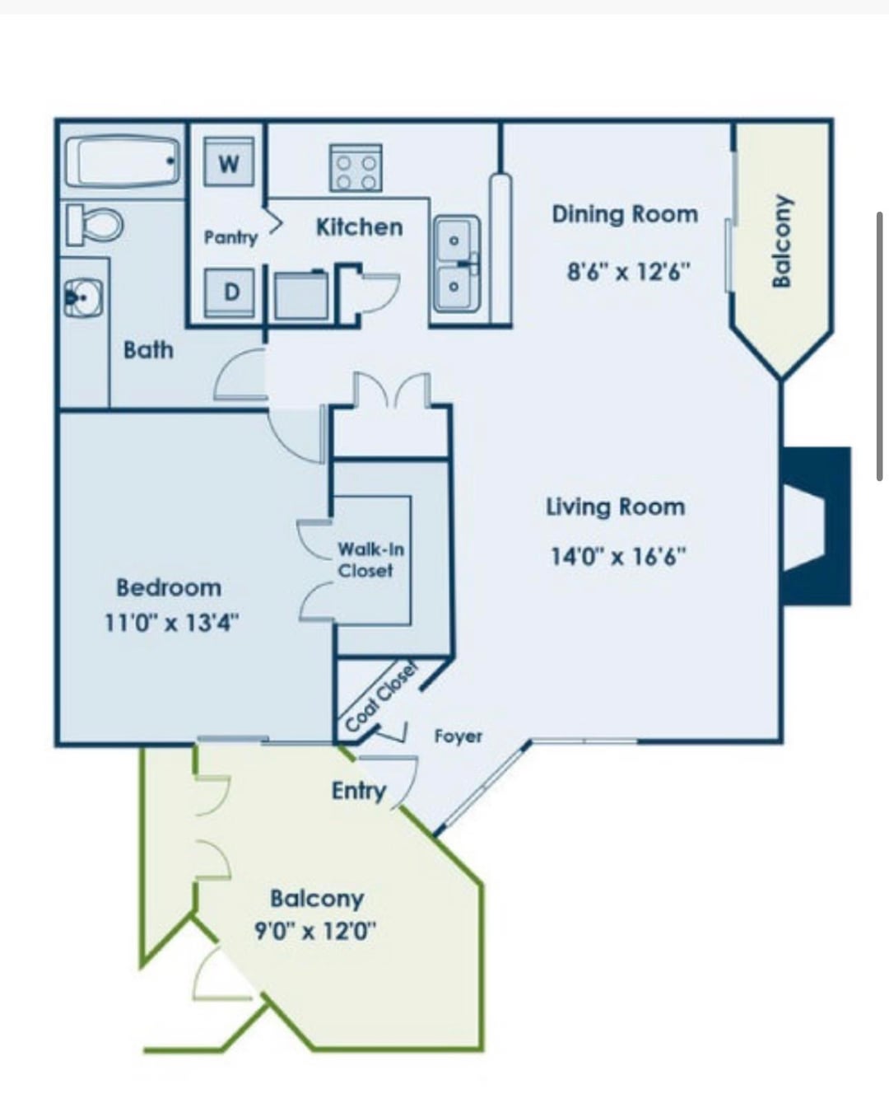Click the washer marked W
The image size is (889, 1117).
(229, 161)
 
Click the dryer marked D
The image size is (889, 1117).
(229, 292)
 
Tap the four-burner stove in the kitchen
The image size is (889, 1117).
(356, 168)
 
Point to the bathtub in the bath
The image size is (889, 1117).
(123, 161)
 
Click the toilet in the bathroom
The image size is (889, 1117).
(95, 224)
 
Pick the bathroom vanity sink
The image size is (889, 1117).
(83, 298)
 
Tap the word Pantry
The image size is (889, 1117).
(230, 238)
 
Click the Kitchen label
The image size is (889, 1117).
(360, 227)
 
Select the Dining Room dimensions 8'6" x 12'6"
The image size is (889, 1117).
(629, 271)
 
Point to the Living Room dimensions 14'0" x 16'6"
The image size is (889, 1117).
(617, 557)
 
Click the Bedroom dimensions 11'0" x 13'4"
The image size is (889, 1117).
(172, 622)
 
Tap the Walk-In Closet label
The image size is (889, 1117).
(371, 560)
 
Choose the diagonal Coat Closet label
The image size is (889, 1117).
(381, 697)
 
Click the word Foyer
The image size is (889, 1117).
(458, 736)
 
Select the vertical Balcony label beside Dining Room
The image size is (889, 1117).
(782, 241)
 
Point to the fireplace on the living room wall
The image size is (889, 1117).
(817, 526)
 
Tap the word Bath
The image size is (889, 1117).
(148, 350)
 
